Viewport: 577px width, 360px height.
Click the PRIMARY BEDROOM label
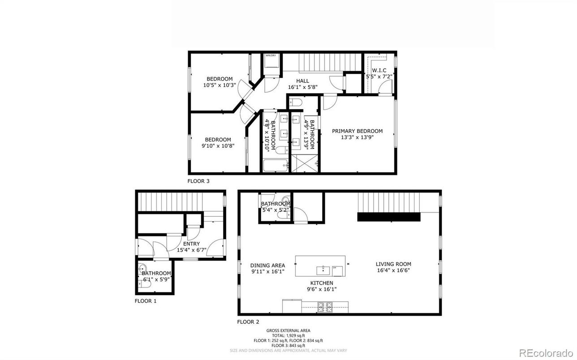pyautogui.click(x=357, y=131)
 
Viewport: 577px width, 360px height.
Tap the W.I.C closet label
pyautogui.click(x=379, y=70)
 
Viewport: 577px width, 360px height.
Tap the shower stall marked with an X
pyautogui.click(x=304, y=164)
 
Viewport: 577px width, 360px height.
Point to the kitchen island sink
pyautogui.click(x=323, y=270)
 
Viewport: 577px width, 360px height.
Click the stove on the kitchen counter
pyautogui.click(x=325, y=307)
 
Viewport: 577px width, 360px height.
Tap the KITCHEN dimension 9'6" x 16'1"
pyautogui.click(x=322, y=289)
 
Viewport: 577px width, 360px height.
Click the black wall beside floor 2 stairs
pyautogui.click(x=388, y=217)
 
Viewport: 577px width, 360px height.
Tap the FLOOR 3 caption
pyautogui.click(x=198, y=181)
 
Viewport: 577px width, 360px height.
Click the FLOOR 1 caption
pyautogui.click(x=146, y=301)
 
